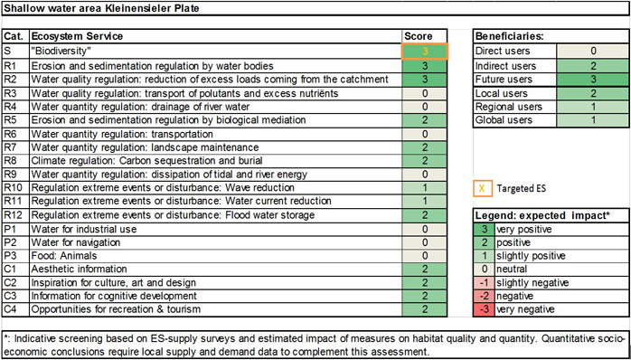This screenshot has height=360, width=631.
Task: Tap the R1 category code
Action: [x=15, y=66]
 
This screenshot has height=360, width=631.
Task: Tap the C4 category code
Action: [x=15, y=310]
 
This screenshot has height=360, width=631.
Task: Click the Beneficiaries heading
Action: [x=512, y=36]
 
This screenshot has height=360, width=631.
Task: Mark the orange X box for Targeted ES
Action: [x=483, y=189]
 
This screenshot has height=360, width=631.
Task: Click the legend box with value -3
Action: [x=483, y=309]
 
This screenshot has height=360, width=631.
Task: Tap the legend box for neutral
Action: [x=483, y=269]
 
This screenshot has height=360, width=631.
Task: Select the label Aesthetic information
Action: [x=78, y=270]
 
